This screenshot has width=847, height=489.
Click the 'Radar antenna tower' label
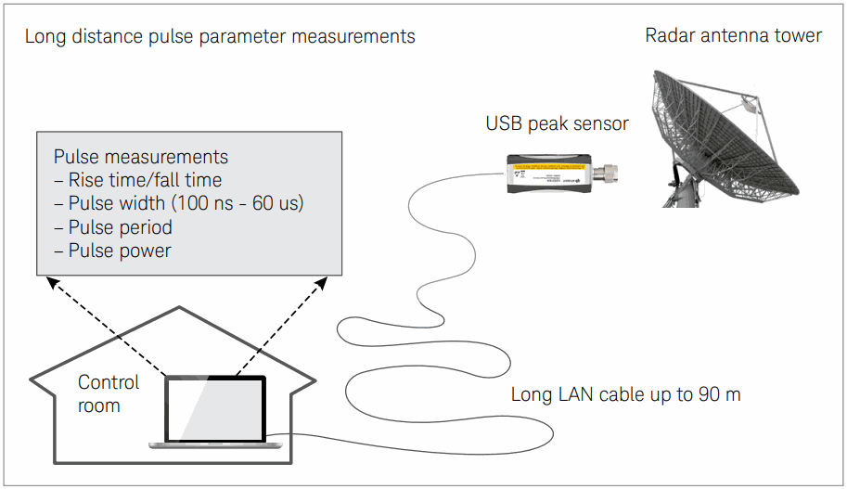coord(733,36)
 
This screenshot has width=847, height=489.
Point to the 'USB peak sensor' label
coord(557,123)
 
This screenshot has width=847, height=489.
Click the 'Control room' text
coord(108,393)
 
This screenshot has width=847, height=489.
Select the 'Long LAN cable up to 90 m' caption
coord(625,394)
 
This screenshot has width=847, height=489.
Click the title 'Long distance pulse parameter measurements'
coord(220,37)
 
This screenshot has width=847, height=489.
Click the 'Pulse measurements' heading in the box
coord(141,157)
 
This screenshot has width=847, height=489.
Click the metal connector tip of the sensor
coord(610,172)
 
